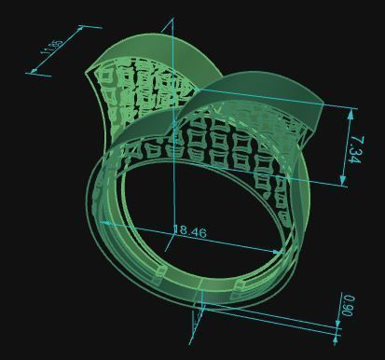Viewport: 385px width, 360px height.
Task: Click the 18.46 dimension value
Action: (x=190, y=231)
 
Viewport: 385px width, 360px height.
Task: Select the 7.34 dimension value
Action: (x=356, y=147)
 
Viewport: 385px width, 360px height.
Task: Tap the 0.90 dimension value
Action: (x=349, y=305)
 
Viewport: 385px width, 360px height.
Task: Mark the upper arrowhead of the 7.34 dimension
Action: (x=351, y=110)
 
